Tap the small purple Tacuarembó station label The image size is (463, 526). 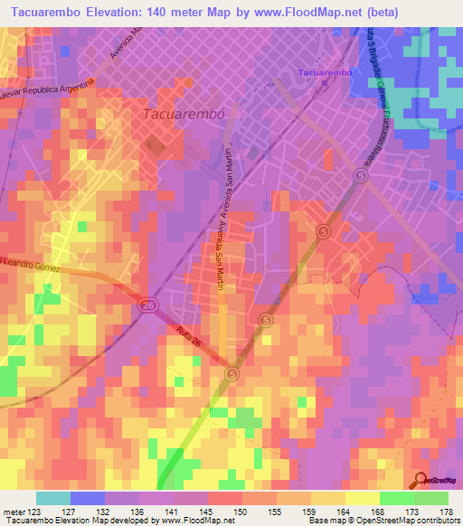pyautogui.click(x=323, y=70)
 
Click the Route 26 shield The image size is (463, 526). pyautogui.click(x=147, y=307)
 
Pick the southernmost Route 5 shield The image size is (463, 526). pyautogui.click(x=232, y=372)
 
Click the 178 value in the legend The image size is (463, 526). pyautogui.click(x=448, y=511)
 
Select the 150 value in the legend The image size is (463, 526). pyautogui.click(x=241, y=511)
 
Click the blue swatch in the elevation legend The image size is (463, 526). pyautogui.click(x=88, y=498)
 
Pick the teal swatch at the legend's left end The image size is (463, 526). pyautogui.click(x=53, y=498)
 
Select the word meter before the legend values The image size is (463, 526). pyautogui.click(x=13, y=511)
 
